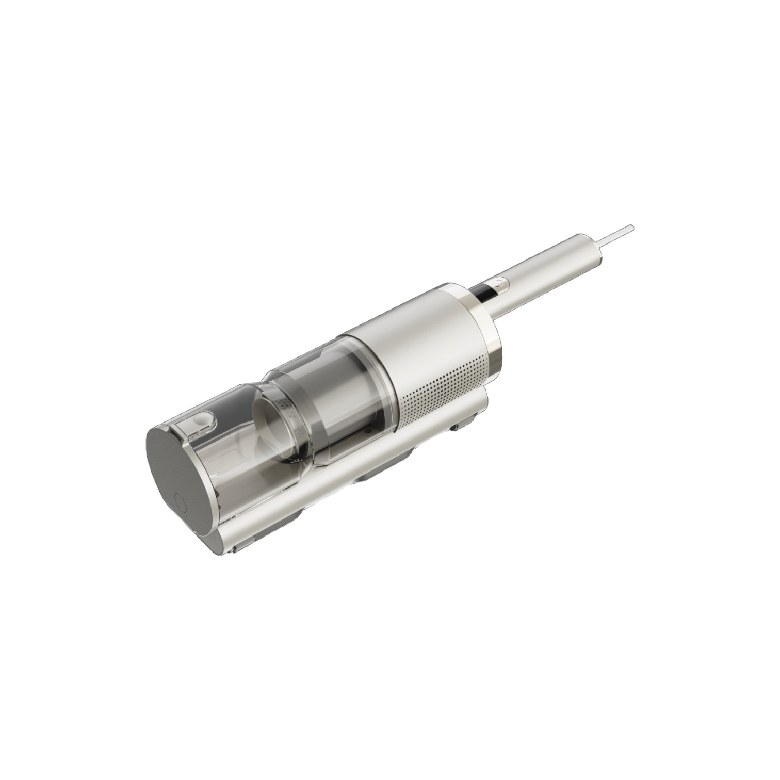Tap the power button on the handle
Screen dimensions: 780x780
click(x=497, y=283)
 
